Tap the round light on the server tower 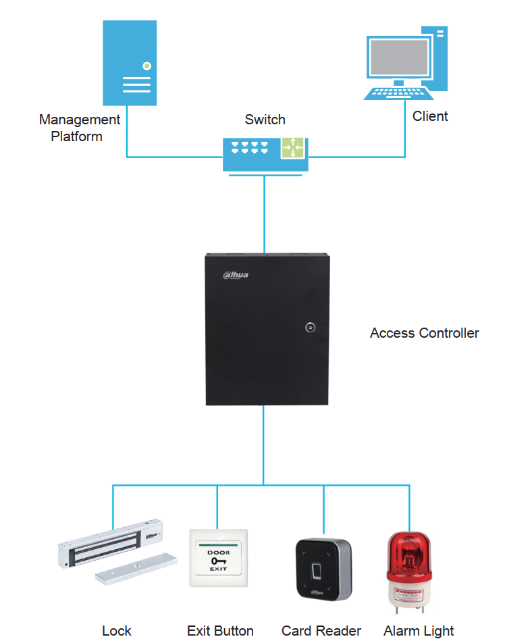(147, 66)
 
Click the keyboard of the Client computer (396, 93)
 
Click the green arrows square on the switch (294, 147)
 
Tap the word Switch (265, 120)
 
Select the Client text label (430, 116)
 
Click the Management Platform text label (79, 128)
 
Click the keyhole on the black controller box (310, 328)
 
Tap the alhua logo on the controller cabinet (236, 274)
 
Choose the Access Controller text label (424, 333)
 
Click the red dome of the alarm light (409, 555)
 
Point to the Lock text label (117, 631)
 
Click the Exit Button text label (220, 631)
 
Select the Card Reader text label (321, 631)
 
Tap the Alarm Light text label (419, 631)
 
